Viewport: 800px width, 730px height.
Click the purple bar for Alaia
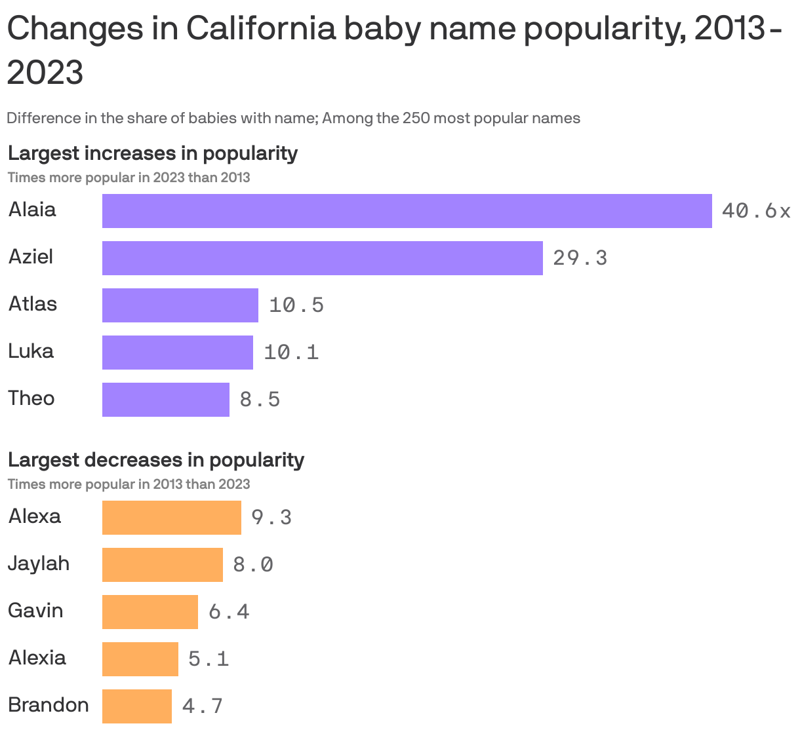coord(407,211)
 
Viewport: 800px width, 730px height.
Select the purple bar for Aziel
coord(322,258)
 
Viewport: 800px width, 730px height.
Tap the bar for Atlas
coord(180,305)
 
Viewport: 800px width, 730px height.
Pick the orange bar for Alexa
coord(171,518)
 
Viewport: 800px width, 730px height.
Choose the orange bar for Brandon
coord(136,706)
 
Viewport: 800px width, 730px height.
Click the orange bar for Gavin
coord(150,612)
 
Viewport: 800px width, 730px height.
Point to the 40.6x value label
coord(756,211)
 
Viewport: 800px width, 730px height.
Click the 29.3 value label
coord(580,258)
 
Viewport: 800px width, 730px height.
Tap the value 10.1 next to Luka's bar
coord(291,353)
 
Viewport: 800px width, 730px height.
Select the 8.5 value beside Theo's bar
coord(260,400)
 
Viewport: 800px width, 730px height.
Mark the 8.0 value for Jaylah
coord(253,565)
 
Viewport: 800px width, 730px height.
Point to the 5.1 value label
coord(209,659)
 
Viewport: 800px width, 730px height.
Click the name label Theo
coord(31,398)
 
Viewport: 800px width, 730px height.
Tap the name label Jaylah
coord(39,564)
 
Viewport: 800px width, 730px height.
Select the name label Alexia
coord(37,658)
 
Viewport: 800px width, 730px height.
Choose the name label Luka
coord(31,351)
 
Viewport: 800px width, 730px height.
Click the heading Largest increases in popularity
coord(153,153)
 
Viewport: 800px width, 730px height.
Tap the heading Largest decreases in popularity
coord(156,460)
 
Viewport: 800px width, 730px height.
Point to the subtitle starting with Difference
coord(293,119)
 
